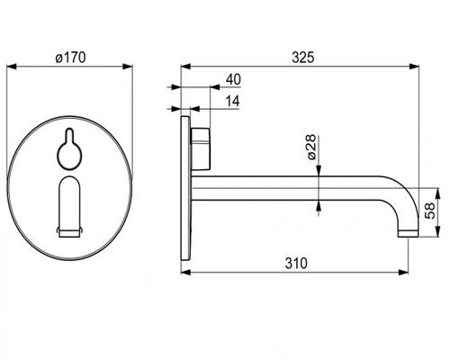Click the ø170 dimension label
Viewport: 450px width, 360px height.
(70, 58)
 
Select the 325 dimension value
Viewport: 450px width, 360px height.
(303, 58)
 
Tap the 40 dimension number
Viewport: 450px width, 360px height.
(233, 80)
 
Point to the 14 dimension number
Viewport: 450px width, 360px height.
(233, 101)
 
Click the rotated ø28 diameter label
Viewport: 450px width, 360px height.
(311, 147)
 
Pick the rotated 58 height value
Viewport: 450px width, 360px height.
(430, 211)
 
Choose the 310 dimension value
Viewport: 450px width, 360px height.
(296, 264)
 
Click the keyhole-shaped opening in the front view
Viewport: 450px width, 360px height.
(69, 148)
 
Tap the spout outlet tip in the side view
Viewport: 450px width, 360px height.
(409, 234)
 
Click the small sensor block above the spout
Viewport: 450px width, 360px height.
(201, 148)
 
